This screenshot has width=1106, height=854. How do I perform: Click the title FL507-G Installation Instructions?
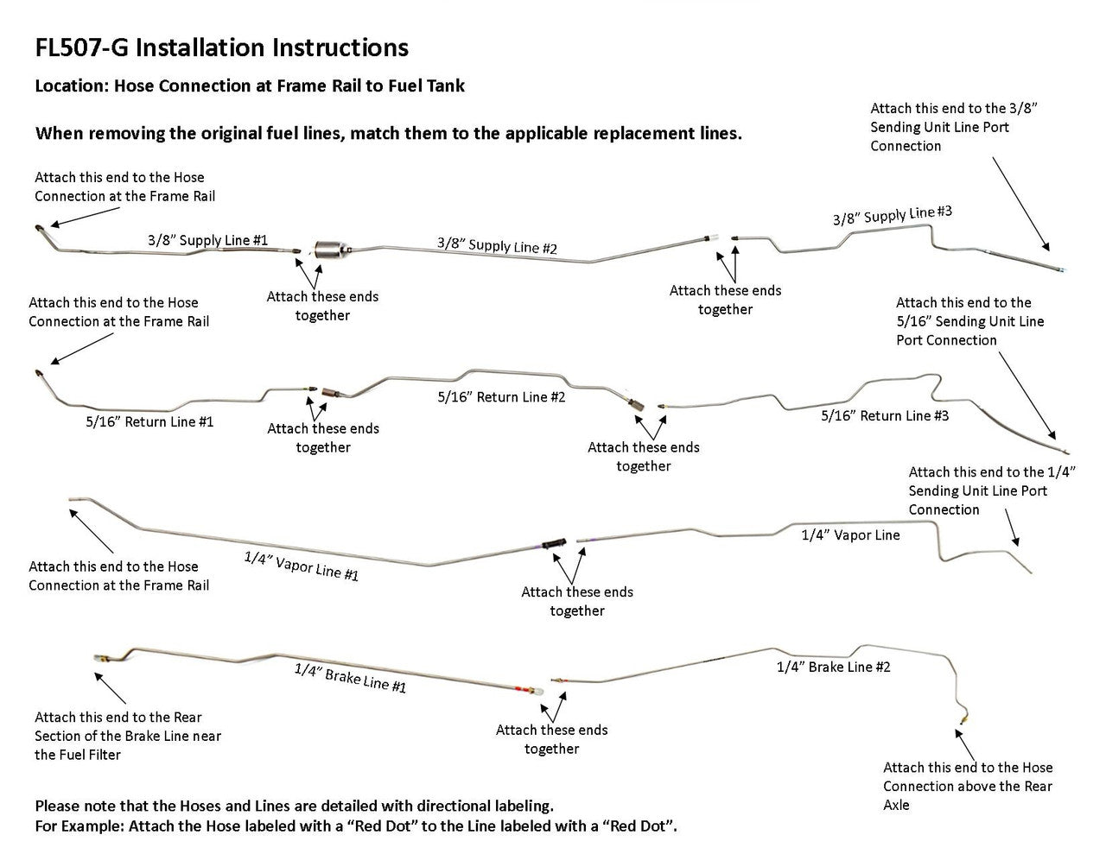pos(221,47)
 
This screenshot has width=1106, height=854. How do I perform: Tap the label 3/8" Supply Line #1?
pos(207,240)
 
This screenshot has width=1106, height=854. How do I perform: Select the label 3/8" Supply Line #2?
pos(497,245)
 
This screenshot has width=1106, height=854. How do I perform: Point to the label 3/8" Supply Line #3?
pos(892,215)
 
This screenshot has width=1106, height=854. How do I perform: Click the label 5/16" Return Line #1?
pos(149,422)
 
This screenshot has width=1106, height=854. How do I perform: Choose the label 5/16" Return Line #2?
pos(501,397)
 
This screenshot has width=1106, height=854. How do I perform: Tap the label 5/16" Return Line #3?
pos(885,416)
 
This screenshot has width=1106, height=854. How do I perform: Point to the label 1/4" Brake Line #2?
pos(833,667)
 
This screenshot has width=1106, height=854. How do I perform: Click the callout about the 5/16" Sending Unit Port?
pos(969,321)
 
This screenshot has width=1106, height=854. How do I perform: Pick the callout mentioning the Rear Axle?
pos(968,786)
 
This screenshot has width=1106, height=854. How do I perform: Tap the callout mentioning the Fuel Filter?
pos(128,736)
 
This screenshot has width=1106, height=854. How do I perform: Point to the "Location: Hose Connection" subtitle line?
pos(250,85)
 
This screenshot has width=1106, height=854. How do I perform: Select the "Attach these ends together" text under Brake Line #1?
pos(551,739)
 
